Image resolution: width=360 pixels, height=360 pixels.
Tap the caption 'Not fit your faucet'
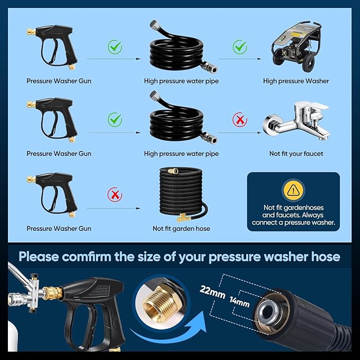(x=296, y=154)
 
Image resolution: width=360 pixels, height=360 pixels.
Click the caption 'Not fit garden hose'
(x=181, y=229)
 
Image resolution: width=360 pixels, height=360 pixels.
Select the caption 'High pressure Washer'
(x=296, y=81)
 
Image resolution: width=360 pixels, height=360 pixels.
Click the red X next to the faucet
(x=241, y=120)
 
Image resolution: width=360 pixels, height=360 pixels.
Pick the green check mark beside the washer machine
(x=241, y=48)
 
